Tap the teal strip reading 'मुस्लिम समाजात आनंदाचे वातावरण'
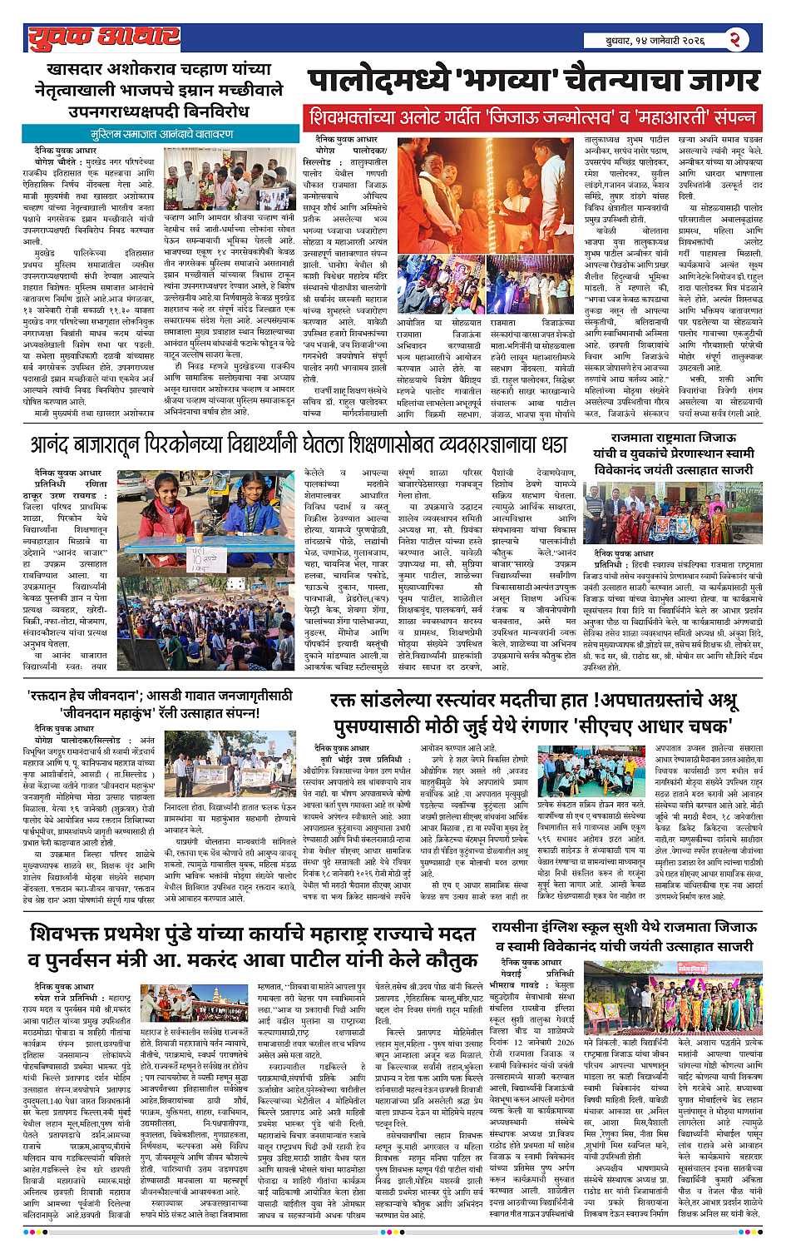162,133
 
